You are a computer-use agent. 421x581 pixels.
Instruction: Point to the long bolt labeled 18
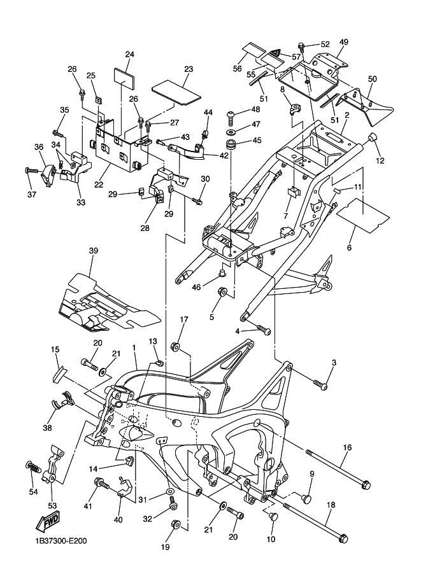[x=315, y=521]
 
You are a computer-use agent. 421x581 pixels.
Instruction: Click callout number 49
[x=343, y=42]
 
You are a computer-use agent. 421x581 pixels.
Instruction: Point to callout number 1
[x=135, y=347]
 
